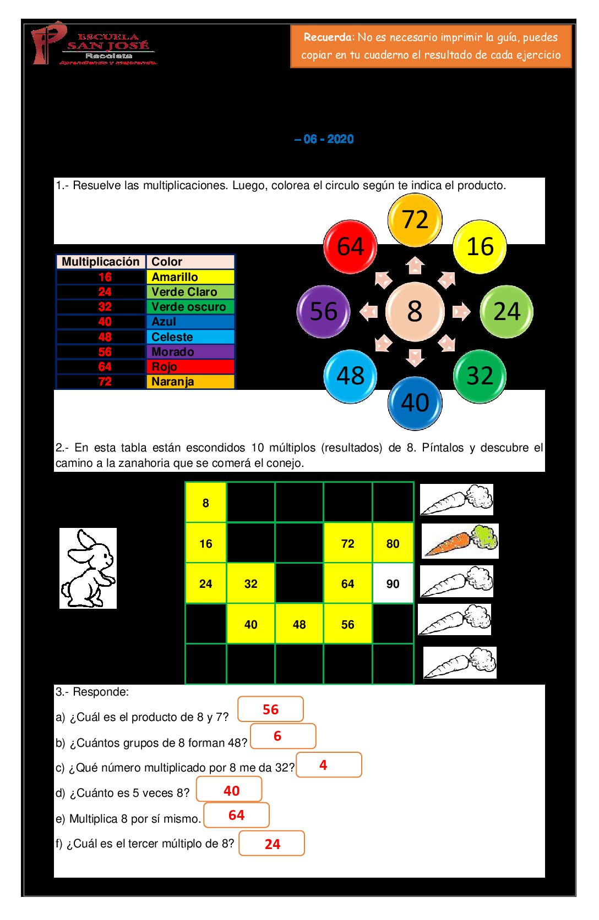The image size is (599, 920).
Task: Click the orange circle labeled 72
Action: tap(415, 219)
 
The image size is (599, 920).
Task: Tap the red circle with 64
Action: tap(350, 246)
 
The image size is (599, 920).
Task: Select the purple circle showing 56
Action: tap(323, 311)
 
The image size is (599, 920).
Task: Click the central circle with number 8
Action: tap(415, 311)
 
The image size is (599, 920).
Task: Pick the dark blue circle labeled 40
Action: tap(415, 403)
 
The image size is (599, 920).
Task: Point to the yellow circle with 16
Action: tap(480, 246)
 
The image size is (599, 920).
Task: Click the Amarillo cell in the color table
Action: tap(190, 277)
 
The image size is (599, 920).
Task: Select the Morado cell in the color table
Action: tap(190, 351)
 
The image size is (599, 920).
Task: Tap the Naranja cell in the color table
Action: tap(190, 381)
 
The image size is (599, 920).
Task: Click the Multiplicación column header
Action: tap(101, 262)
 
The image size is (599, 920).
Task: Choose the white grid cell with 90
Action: tap(393, 583)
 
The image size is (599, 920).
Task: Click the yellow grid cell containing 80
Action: tap(393, 543)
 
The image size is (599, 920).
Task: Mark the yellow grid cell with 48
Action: tap(299, 624)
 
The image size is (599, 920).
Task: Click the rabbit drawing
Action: tap(88, 568)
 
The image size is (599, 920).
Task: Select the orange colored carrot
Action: tap(460, 541)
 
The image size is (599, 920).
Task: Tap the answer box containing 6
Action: tap(283, 736)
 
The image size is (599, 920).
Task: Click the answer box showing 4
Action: tap(329, 765)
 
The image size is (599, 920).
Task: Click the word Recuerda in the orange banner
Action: tap(327, 37)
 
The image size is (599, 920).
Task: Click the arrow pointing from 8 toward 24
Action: tap(461, 312)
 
